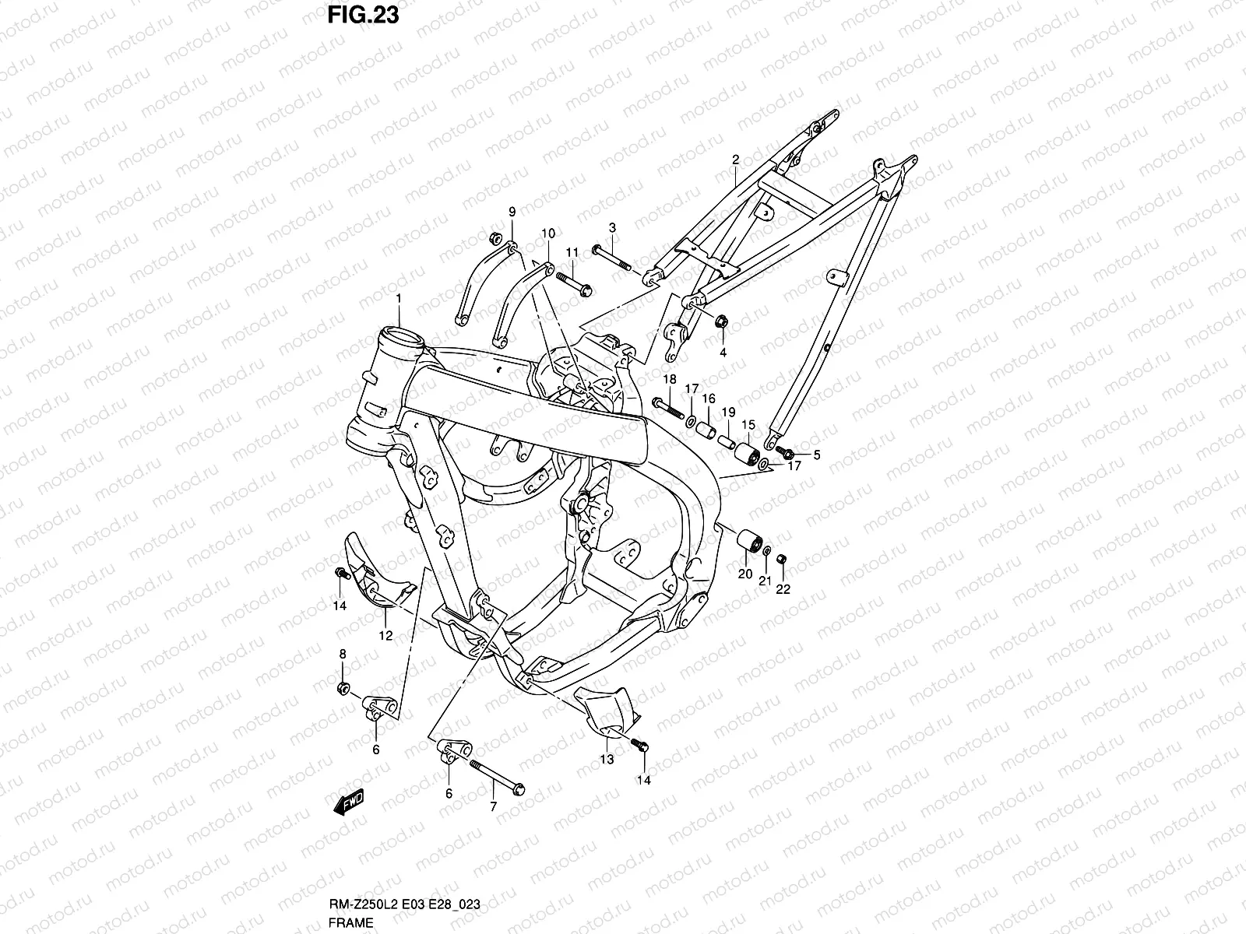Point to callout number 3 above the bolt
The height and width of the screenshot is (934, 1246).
[x=612, y=227]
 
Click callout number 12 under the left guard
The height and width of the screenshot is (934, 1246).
[x=385, y=635]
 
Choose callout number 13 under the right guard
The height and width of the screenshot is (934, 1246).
[x=607, y=759]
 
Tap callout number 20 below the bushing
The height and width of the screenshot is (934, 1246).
[x=744, y=574]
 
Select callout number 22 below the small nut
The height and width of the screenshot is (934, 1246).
[x=783, y=589]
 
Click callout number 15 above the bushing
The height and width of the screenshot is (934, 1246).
[x=748, y=424]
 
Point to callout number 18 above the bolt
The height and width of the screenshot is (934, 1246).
[x=669, y=379]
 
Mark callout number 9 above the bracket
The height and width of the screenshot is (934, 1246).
[x=512, y=212]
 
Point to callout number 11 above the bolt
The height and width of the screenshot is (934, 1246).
[x=572, y=252]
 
